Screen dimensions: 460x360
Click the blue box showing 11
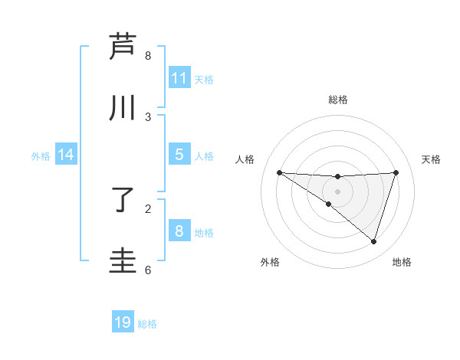[179, 78]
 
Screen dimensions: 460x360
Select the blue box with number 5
[179, 155]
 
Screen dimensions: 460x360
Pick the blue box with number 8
[179, 231]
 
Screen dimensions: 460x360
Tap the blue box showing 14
[66, 155]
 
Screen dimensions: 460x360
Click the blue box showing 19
[123, 322]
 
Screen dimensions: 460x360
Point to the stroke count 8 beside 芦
[148, 56]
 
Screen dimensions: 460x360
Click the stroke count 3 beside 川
[148, 117]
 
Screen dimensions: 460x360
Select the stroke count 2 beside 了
[148, 209]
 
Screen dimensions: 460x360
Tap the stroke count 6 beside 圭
[148, 270]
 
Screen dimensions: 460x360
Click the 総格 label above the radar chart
[337, 100]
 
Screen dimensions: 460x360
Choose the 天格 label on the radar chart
[431, 159]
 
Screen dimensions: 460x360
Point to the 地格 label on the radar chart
[402, 262]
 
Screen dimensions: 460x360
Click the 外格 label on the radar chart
[270, 262]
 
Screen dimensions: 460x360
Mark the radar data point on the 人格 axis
[279, 172]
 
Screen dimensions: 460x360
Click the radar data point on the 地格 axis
[373, 241]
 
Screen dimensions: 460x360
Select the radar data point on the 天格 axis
[396, 172]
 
